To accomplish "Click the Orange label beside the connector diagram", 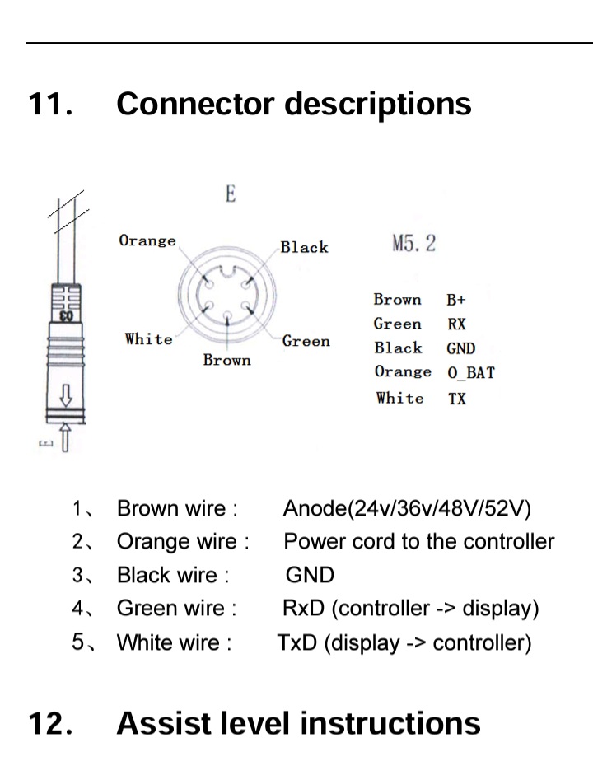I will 147,240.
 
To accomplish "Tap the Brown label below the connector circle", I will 226,360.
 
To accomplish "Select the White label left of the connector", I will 149,338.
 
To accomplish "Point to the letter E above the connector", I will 231,194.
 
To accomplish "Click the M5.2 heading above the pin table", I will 414,244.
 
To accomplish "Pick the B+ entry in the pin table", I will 456,300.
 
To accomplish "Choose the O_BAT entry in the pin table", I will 471,372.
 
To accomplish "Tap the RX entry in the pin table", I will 456,324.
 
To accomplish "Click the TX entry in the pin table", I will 456,399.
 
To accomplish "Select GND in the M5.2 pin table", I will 461,348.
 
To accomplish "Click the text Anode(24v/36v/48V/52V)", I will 407,508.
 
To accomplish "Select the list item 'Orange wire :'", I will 183,542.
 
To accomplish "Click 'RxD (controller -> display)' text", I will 410,609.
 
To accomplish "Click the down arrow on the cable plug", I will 66,395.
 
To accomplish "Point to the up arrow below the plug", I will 65,437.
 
